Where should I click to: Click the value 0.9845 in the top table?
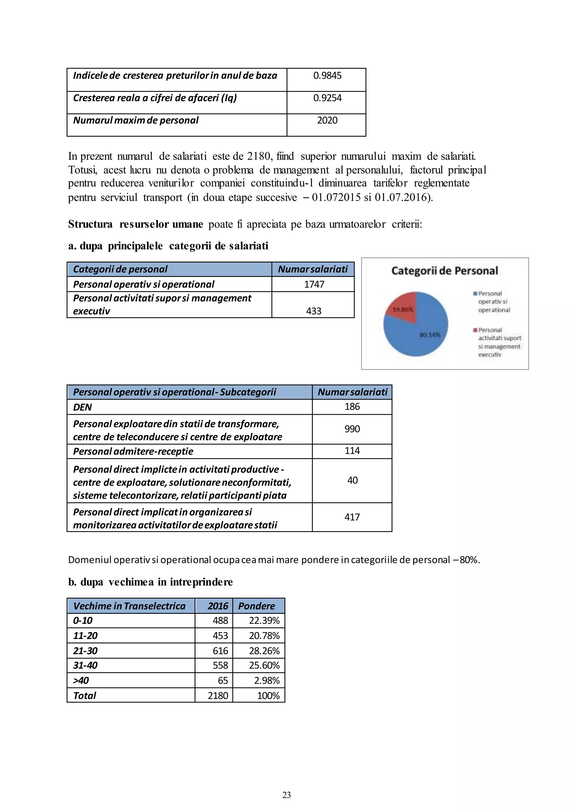327,76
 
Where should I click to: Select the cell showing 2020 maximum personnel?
327,120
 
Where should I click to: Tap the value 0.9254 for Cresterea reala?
327,98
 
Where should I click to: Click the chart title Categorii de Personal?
444,271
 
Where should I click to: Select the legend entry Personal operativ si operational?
493,302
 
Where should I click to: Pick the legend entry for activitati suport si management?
498,342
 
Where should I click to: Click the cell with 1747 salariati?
314,284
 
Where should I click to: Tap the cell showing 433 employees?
314,311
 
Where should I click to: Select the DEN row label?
82,407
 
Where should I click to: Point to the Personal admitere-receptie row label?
133,451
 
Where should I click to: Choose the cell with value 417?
352,518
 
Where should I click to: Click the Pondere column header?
257,606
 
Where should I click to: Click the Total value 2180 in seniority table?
218,696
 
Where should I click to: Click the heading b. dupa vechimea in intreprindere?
150,582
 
